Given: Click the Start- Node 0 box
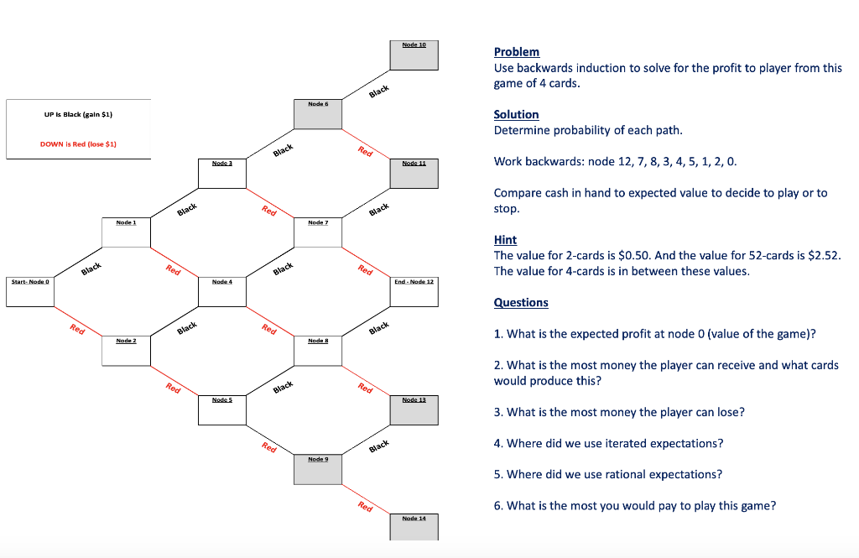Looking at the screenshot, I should click(x=30, y=293).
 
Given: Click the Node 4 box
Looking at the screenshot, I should click(x=222, y=293).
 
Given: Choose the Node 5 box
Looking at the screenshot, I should click(x=222, y=410).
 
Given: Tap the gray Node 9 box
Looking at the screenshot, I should click(x=318, y=470).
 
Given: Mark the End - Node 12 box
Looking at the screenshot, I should click(x=414, y=293).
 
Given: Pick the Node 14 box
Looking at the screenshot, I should click(x=414, y=528).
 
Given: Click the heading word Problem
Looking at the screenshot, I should click(x=517, y=52).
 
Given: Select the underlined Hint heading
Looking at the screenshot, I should click(x=505, y=240).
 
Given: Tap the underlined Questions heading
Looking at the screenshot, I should click(x=521, y=303).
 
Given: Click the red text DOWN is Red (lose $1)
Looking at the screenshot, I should click(x=78, y=144).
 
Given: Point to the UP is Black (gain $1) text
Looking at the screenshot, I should click(x=78, y=114).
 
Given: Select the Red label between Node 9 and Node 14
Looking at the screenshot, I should click(x=364, y=506).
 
